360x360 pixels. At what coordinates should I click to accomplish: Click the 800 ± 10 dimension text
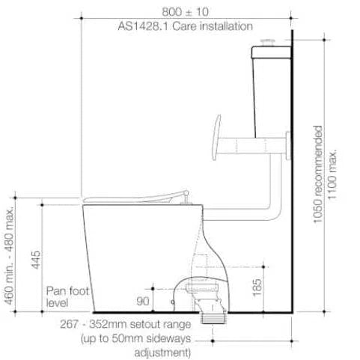(x=185, y=12)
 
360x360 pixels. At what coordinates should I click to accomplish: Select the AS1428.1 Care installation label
(x=186, y=26)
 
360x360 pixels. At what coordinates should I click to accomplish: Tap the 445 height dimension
(x=36, y=260)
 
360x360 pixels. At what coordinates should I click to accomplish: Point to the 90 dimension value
(x=143, y=301)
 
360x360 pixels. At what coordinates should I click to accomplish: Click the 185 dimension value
(x=257, y=287)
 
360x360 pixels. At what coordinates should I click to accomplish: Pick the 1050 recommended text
(x=317, y=174)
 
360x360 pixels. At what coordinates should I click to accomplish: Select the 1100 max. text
(x=332, y=174)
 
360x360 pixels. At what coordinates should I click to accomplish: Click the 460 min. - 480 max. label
(x=9, y=256)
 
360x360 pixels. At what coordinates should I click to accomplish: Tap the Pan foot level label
(x=67, y=297)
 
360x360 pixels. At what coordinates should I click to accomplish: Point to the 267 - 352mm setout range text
(x=126, y=324)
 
